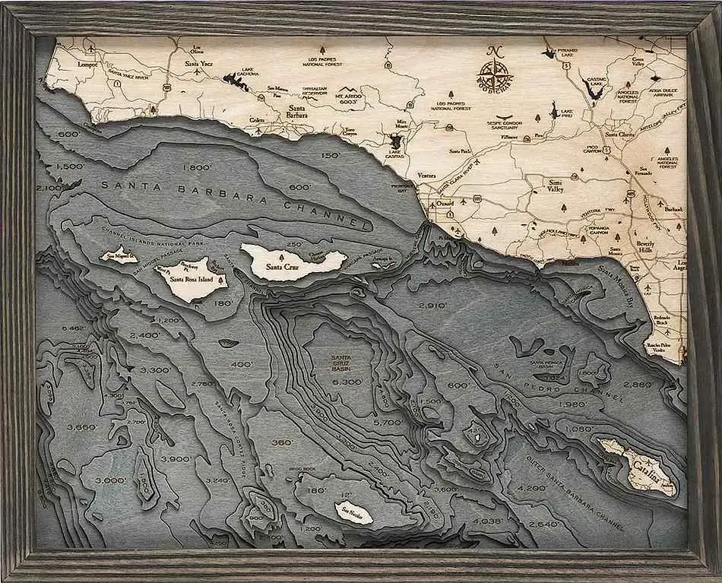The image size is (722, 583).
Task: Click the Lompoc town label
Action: [88, 65]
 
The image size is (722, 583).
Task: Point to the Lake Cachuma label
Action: [250, 72]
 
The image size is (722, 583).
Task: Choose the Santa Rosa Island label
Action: [191, 279]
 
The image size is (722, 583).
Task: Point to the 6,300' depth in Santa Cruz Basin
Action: [346, 382]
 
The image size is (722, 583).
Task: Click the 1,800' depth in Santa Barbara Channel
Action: [197, 167]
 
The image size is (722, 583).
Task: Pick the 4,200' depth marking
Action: [531, 487]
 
